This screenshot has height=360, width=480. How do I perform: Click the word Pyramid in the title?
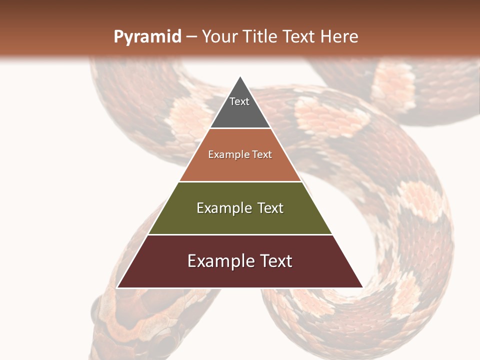[147, 37]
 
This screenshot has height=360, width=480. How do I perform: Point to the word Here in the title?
[339, 37]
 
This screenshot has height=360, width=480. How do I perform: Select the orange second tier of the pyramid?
[240, 167]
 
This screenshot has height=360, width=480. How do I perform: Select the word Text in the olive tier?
[270, 208]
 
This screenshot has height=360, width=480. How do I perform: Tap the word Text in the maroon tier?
[275, 261]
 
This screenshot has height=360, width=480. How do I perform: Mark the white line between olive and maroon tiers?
[240, 234]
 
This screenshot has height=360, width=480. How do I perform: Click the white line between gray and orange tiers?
[240, 128]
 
